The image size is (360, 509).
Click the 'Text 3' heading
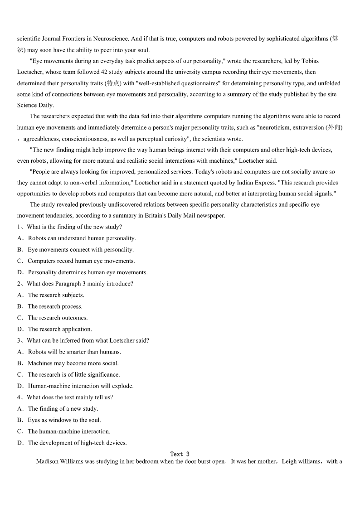(180, 454)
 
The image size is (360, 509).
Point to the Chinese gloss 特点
(113, 83)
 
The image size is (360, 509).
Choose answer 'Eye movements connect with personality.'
(81, 250)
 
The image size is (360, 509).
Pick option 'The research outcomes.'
(58, 318)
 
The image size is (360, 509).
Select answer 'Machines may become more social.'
(73, 363)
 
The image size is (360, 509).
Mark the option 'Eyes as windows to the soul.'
(64, 420)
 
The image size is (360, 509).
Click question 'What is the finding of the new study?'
(74, 227)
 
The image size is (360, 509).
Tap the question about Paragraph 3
(80, 284)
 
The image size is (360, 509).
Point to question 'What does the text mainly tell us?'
(70, 397)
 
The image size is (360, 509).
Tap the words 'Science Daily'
(35, 105)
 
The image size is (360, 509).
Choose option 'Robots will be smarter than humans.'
(74, 352)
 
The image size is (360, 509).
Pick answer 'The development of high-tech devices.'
(77, 443)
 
